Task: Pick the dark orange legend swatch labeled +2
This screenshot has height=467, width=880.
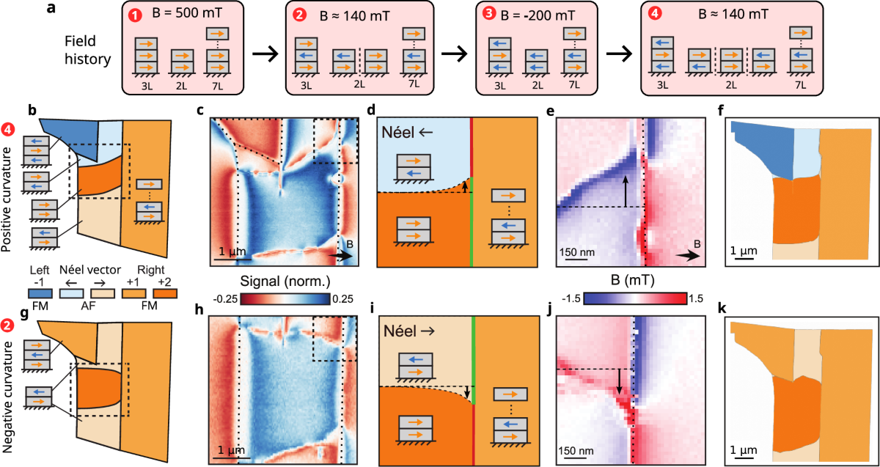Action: [x=155, y=295]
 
